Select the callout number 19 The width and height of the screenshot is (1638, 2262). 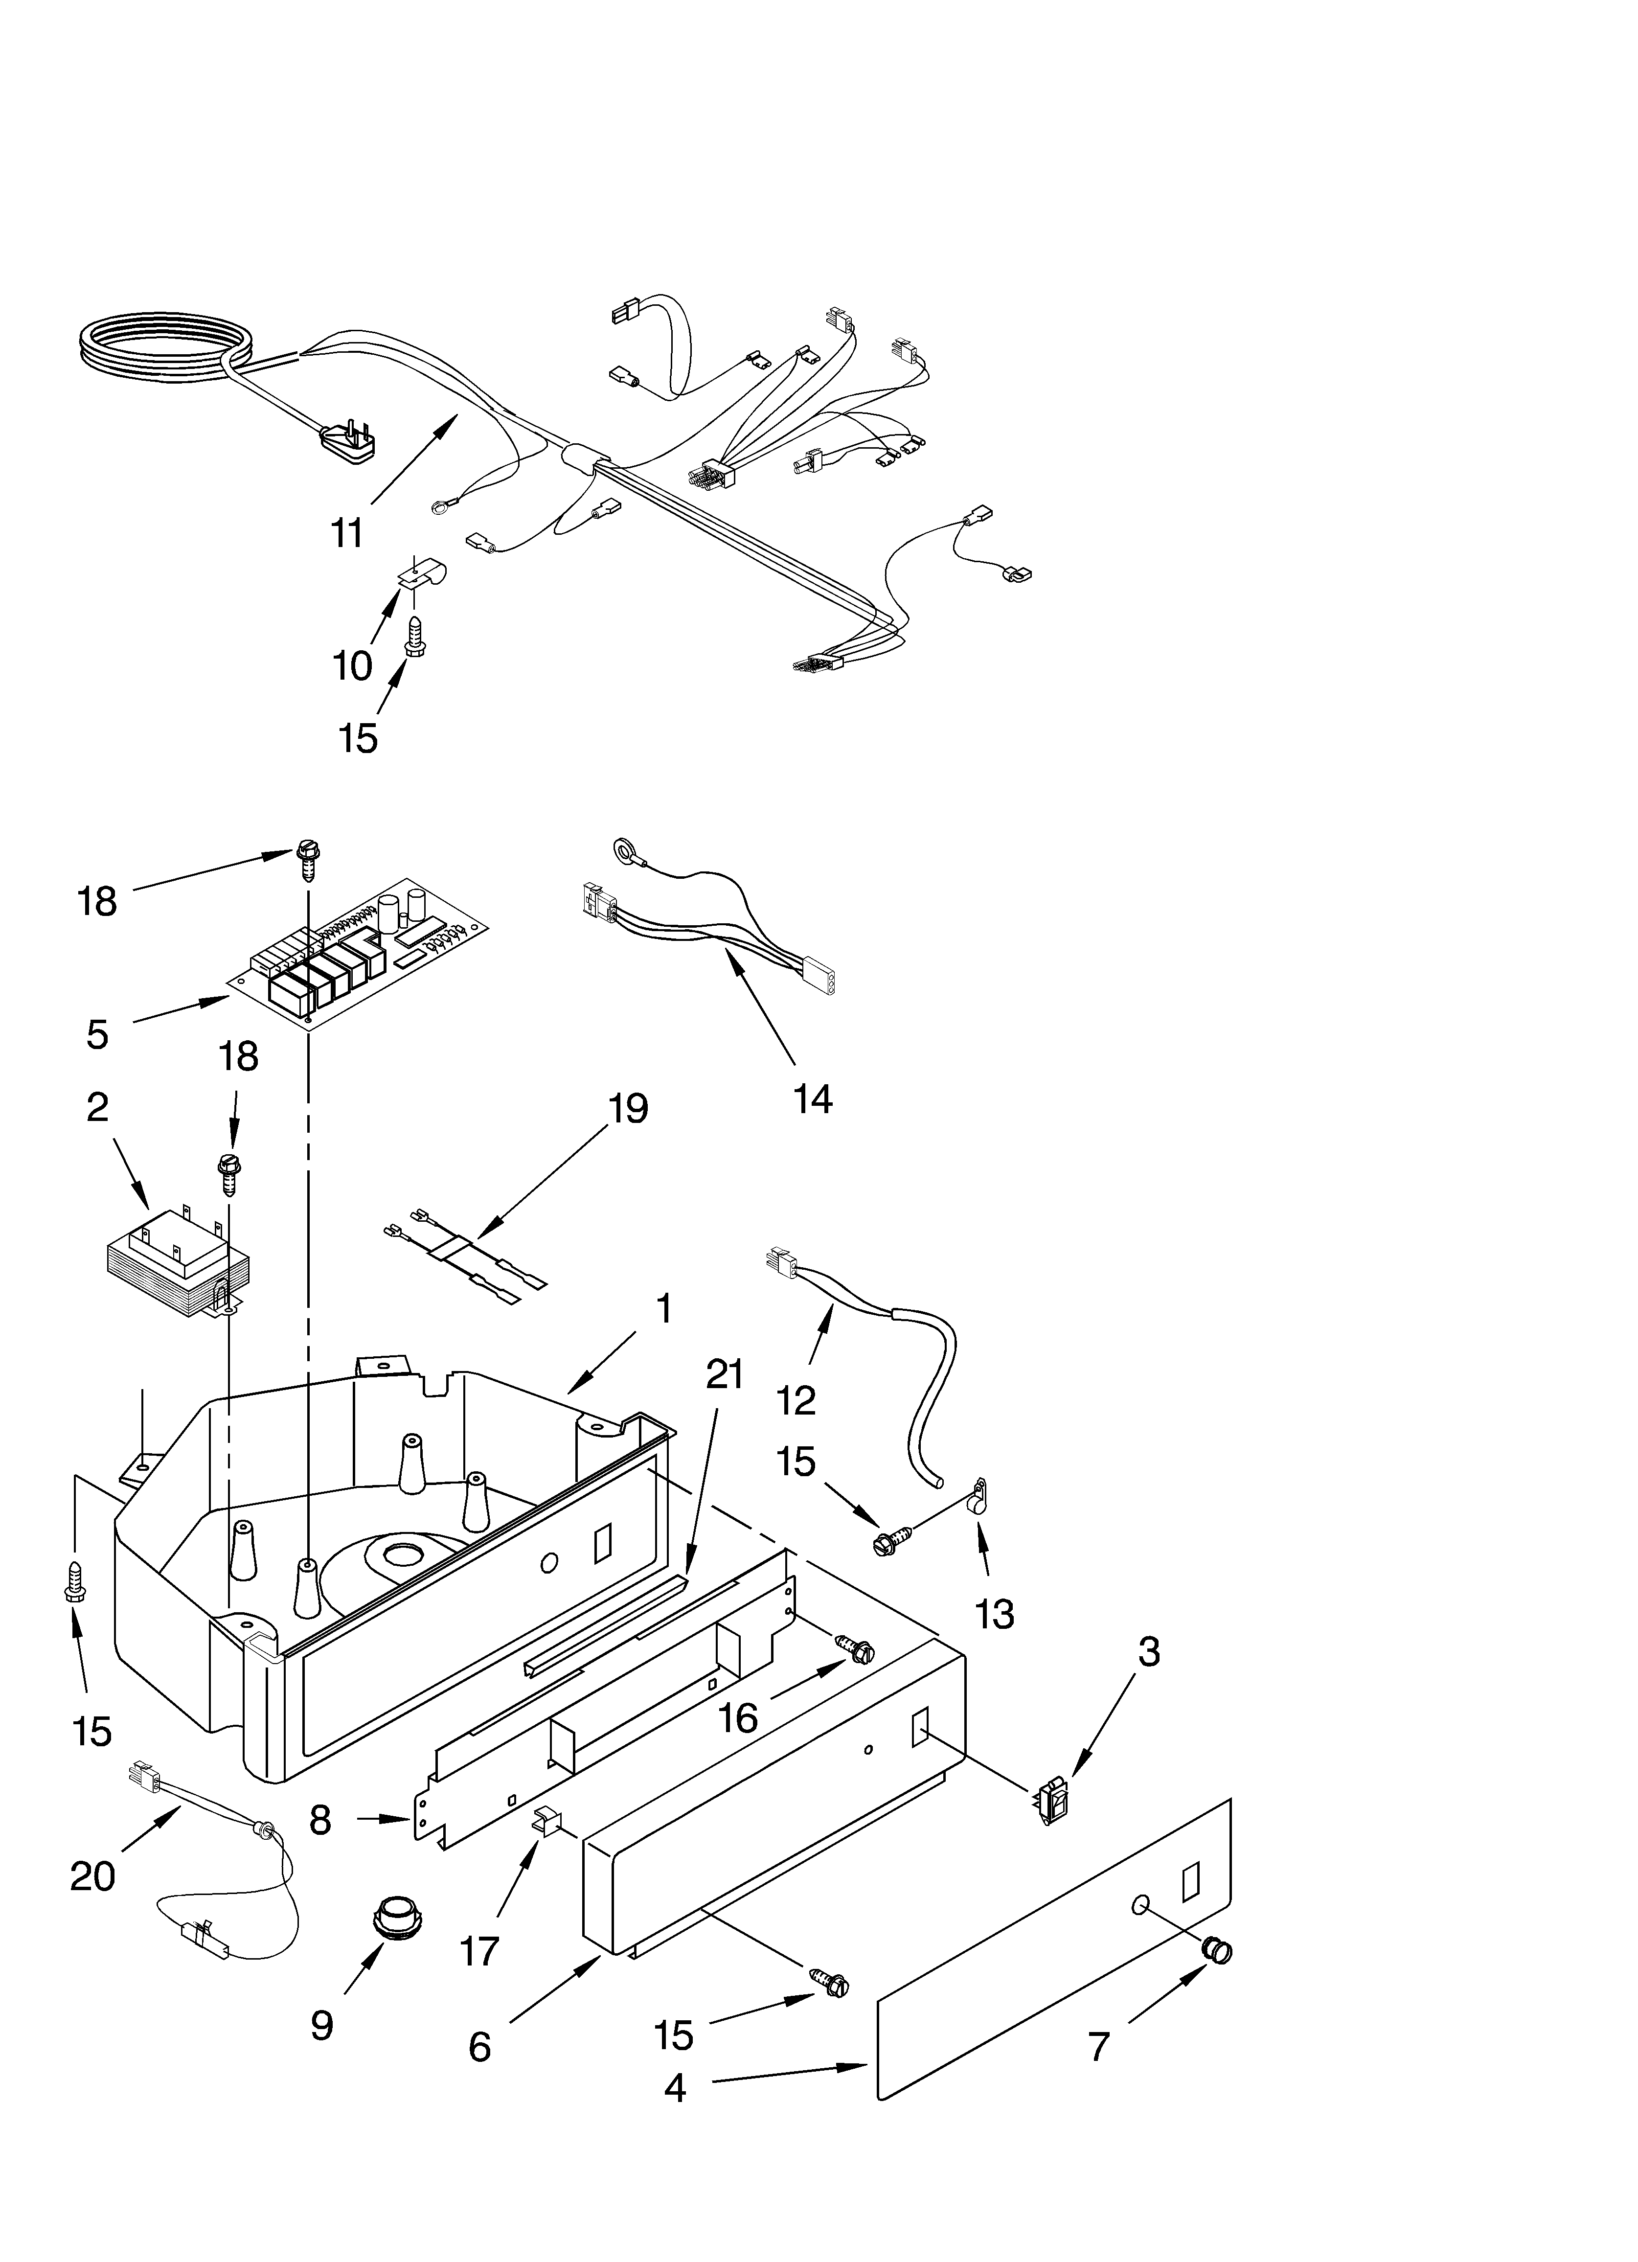[628, 1108]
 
